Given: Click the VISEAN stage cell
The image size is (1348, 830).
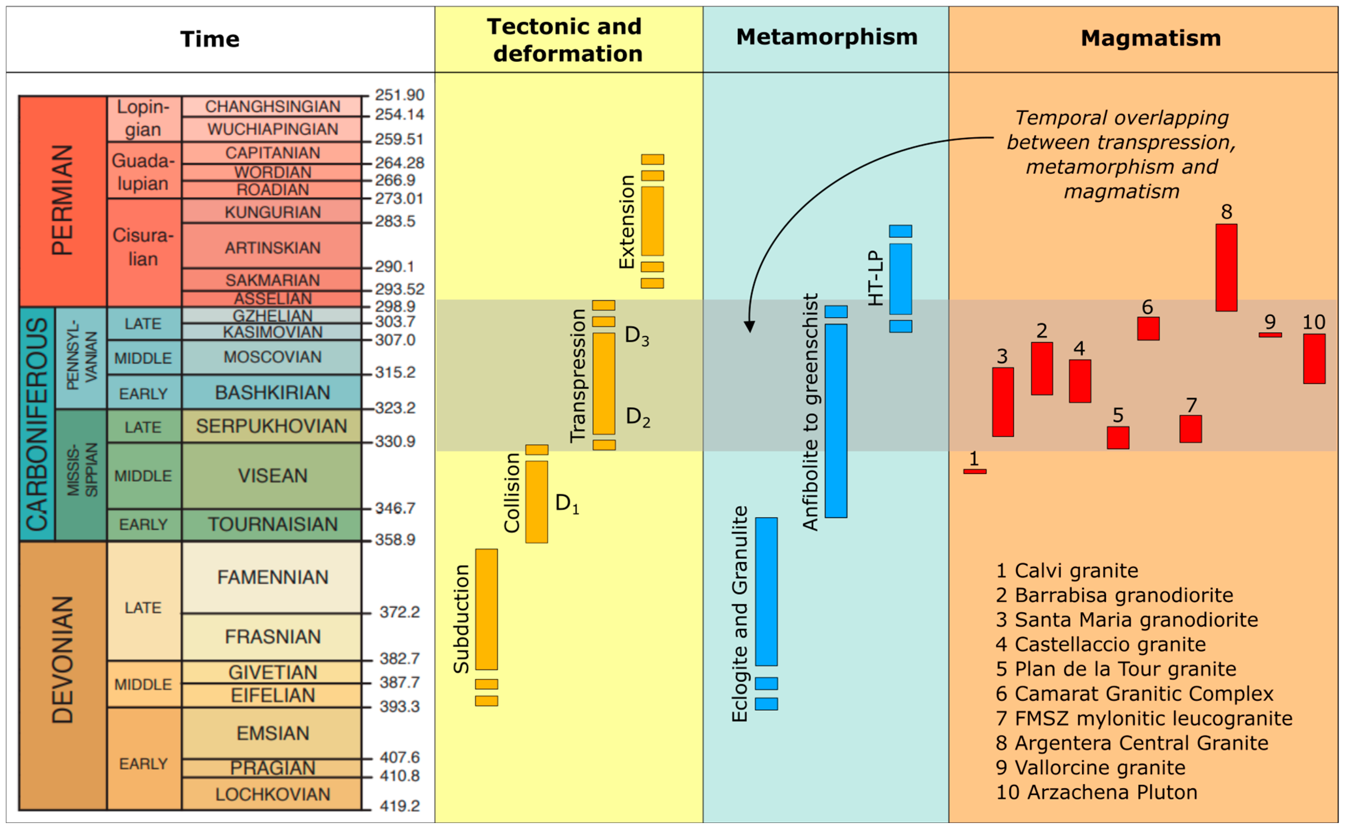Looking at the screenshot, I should click(x=272, y=475).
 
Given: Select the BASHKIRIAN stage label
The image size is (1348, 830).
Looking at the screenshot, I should click(x=272, y=393).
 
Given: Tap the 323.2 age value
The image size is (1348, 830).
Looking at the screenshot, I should click(x=395, y=408).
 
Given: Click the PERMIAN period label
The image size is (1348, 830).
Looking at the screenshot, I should click(x=62, y=200).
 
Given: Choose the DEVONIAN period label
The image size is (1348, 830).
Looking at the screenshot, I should click(x=62, y=659).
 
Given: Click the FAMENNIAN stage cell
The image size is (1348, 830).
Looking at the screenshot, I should click(x=272, y=577).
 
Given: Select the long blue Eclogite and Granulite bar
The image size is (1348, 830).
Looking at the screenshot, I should click(x=766, y=591).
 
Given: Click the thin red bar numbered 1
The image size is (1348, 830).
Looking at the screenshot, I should click(x=975, y=471).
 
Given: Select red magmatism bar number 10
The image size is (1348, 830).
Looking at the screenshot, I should click(x=1314, y=359).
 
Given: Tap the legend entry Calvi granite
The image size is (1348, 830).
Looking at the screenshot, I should click(x=1067, y=570).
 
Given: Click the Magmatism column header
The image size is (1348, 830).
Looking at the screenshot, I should click(x=1151, y=38).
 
